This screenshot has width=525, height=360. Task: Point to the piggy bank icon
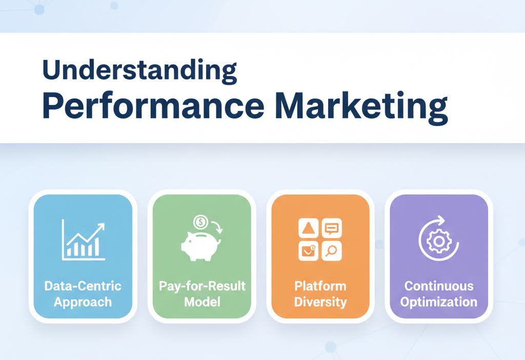point(200,246)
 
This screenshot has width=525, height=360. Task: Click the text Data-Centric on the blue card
point(83,286)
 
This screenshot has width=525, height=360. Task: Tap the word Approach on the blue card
point(83,302)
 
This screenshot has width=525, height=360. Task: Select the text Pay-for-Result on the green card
point(202,286)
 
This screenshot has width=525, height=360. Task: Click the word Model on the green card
point(201,302)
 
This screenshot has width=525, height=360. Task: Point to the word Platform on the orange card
point(320,286)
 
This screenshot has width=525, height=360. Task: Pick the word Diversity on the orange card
point(320,302)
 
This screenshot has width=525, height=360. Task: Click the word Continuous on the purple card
point(439,286)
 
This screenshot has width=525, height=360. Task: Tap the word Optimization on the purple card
point(439,302)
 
